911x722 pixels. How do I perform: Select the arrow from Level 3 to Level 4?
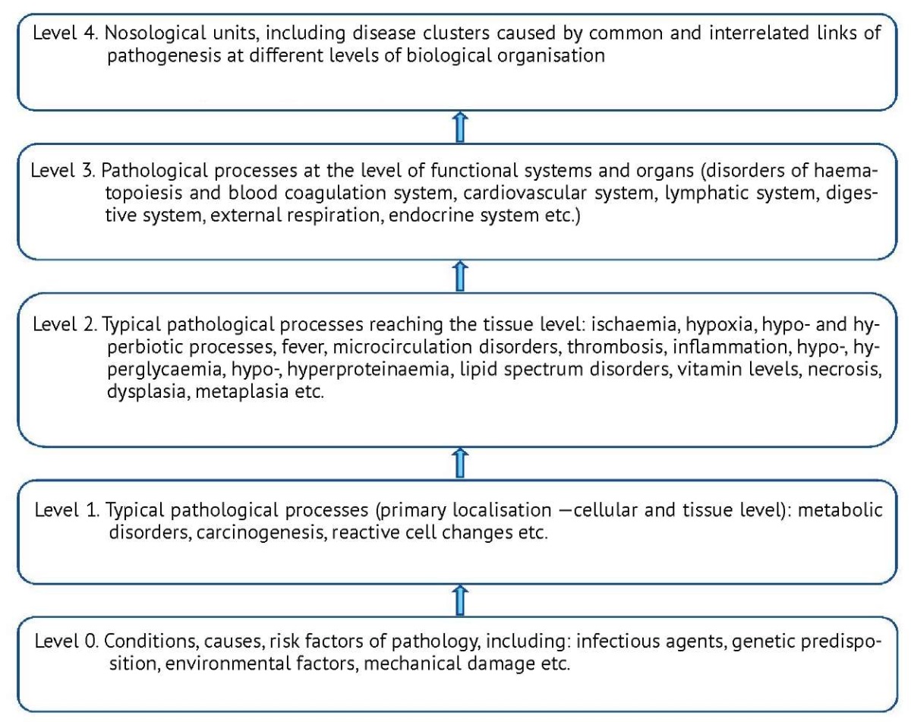coord(460,127)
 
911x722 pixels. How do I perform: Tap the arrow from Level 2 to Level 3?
coord(460,276)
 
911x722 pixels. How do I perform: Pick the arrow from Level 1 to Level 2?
coord(460,463)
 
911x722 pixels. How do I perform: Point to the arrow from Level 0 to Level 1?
coord(460,600)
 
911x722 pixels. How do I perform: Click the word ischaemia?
coord(635,325)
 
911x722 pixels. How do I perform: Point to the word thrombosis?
coord(615,347)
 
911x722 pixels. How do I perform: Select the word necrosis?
coord(844,370)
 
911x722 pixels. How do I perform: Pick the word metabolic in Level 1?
coord(840,510)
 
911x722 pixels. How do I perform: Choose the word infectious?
coord(618,642)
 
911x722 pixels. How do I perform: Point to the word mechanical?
coord(412,664)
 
